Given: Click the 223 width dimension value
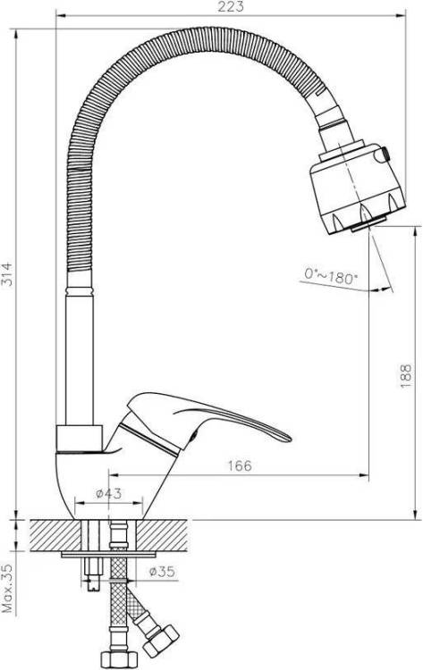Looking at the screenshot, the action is [x=231, y=6].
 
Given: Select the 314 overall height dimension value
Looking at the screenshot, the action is [x=7, y=273].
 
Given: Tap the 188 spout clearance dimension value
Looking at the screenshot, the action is [x=405, y=375].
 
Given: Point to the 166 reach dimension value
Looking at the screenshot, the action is [x=240, y=465].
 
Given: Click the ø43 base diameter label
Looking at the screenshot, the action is [x=108, y=493].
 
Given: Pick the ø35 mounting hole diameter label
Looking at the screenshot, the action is [x=162, y=572].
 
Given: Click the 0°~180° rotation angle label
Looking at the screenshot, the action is [x=330, y=276].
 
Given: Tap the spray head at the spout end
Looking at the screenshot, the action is [x=358, y=188].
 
